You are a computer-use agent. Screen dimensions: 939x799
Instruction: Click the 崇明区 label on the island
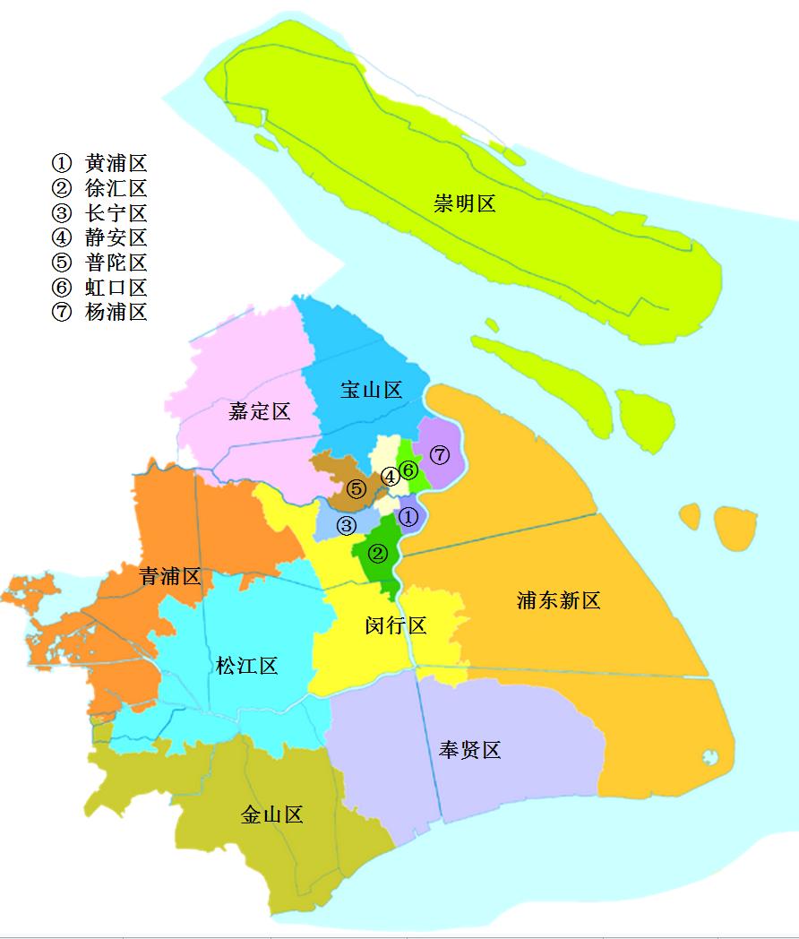pos(465,203)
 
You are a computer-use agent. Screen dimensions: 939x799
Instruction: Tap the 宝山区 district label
pos(371,390)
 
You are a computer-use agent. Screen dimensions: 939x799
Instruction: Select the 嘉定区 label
pos(260,411)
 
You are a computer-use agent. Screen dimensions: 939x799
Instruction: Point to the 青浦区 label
pos(170,576)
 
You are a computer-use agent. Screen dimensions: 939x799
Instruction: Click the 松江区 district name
pos(247,666)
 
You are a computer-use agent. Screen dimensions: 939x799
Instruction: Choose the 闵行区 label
pos(396,625)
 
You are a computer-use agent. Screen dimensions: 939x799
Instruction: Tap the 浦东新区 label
pos(558,600)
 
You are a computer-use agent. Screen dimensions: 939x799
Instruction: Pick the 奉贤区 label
pos(469,750)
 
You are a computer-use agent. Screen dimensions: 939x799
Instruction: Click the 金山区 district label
pos(272,814)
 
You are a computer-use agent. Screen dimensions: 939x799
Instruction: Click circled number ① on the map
pos(408,517)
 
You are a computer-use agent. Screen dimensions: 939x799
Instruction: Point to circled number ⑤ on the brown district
pos(357,489)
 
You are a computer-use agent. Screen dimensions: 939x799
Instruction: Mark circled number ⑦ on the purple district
pos(439,454)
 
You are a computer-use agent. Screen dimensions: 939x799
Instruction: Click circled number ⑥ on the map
pos(408,469)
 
